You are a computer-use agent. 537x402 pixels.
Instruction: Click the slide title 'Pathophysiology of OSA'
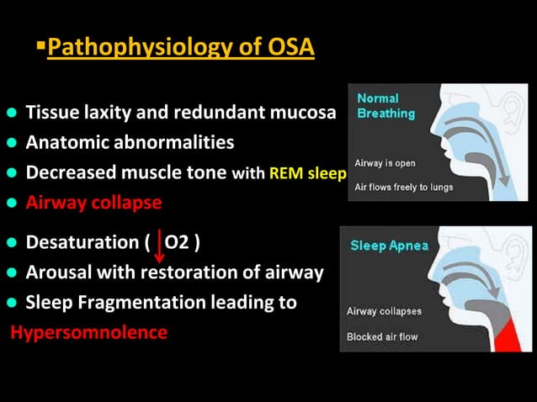tap(181, 47)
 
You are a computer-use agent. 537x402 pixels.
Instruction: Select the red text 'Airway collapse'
tap(93, 203)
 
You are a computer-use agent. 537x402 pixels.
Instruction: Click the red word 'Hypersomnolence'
tap(88, 332)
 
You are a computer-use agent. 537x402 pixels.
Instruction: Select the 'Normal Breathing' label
tap(385, 105)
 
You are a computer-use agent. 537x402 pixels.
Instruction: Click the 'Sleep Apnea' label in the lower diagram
tap(389, 246)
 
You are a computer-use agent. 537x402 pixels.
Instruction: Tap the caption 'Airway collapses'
tap(385, 311)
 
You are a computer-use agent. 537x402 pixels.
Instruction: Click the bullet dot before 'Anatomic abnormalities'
tap(12, 144)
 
